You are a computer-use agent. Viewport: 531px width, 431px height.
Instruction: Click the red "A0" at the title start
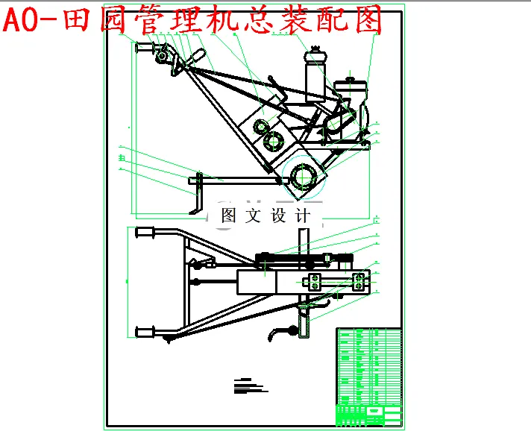(x=23, y=20)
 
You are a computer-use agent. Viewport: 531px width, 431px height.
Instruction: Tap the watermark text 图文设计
(x=265, y=216)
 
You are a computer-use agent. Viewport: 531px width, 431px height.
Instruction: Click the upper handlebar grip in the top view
(x=145, y=233)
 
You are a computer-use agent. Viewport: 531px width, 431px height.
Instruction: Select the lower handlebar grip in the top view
(x=145, y=330)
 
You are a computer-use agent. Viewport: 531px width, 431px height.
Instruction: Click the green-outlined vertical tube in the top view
(x=304, y=324)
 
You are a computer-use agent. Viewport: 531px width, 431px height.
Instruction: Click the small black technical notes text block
(x=249, y=386)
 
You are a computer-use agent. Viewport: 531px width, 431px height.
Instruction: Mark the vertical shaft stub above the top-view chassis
(x=302, y=241)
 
